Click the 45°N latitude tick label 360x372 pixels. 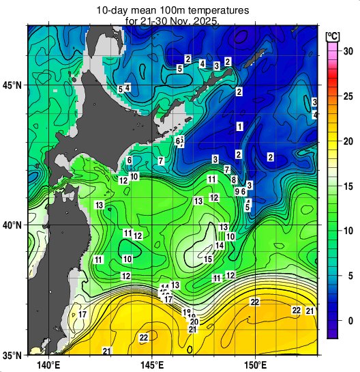coord(12,85)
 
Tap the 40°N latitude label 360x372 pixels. coord(12,225)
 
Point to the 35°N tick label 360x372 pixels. coord(12,355)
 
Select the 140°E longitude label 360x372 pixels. coord(46,364)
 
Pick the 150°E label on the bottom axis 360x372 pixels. coord(255,364)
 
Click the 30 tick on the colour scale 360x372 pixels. coord(347,51)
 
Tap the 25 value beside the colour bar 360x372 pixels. coord(347,96)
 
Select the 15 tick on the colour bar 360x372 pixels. coord(347,186)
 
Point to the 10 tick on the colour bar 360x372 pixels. coord(347,231)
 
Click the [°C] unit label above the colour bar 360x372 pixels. coord(333,35)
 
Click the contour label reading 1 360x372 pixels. coord(239,126)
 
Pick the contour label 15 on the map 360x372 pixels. coord(209,259)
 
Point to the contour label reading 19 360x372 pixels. coord(187,313)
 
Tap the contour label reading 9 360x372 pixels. coord(237,192)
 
